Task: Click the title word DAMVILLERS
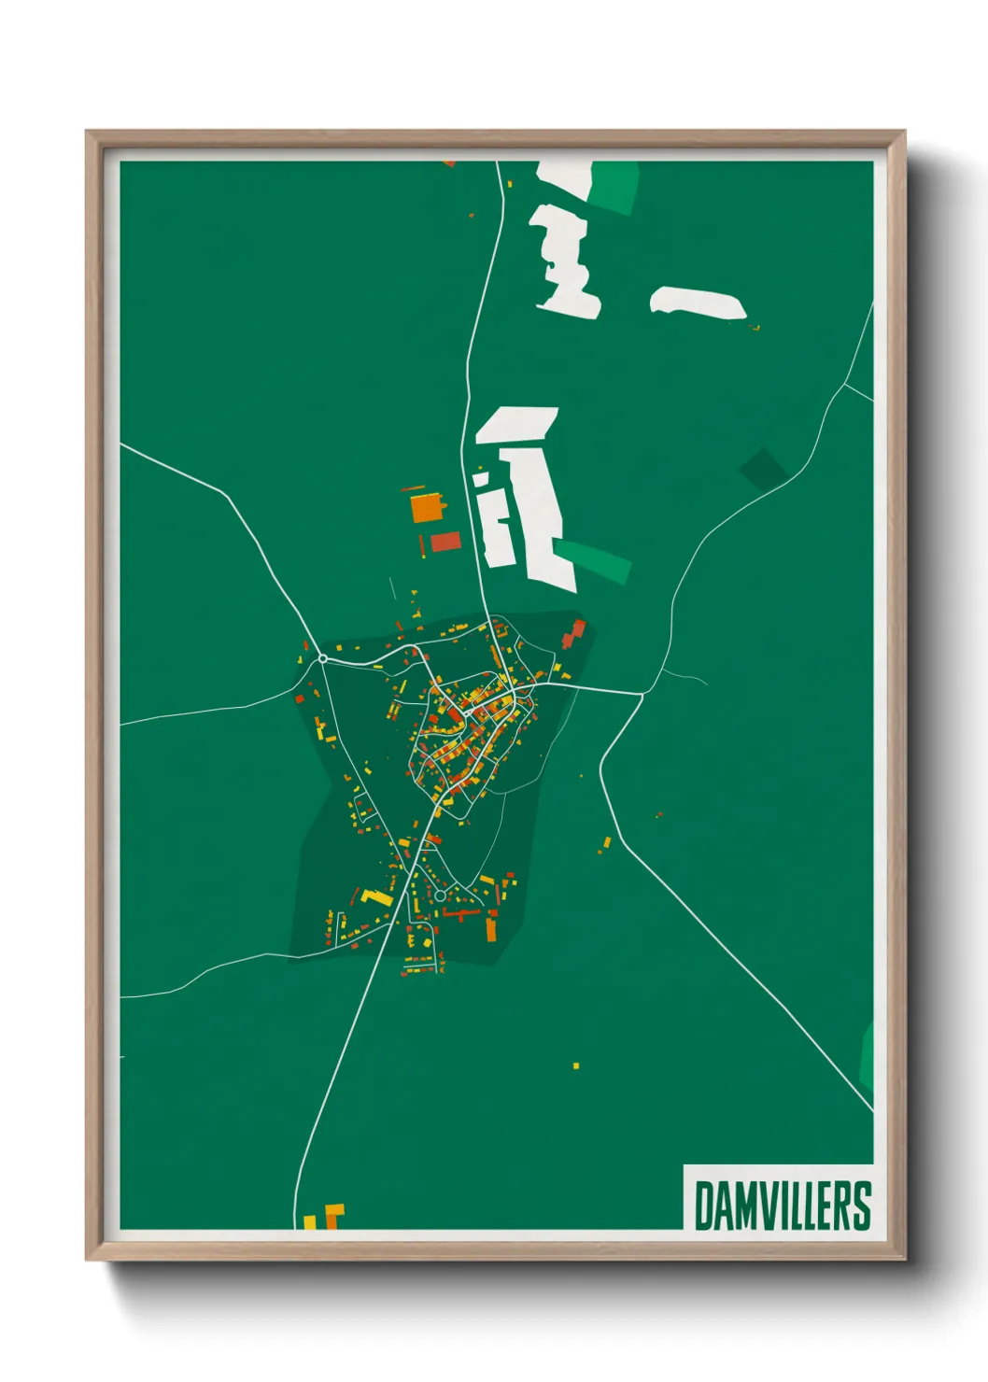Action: (x=783, y=1206)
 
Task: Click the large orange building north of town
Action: (x=425, y=508)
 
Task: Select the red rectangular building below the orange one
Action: (x=445, y=542)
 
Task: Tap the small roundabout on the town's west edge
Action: (x=323, y=658)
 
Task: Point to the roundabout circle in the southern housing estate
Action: (x=441, y=895)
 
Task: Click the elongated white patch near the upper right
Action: (x=698, y=302)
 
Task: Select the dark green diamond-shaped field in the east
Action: (x=762, y=468)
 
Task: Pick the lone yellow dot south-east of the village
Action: (x=576, y=1065)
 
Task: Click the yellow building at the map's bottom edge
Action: (x=311, y=1221)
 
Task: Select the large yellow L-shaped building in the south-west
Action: (x=377, y=898)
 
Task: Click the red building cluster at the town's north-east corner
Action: (x=572, y=634)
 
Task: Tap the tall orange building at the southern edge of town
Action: (x=491, y=928)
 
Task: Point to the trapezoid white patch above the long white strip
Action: (x=517, y=424)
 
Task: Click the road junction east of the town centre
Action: (x=642, y=694)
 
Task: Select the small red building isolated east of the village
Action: (x=659, y=814)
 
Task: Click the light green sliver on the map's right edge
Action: (x=867, y=1055)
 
